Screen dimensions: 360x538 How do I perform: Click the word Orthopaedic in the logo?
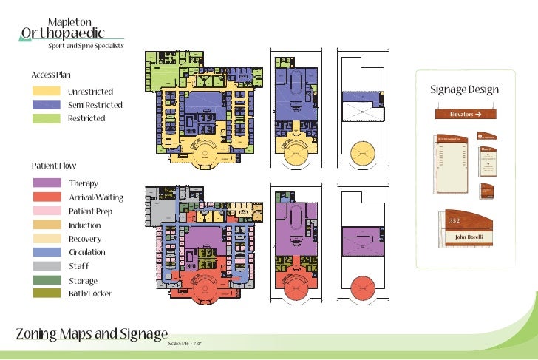point(62,33)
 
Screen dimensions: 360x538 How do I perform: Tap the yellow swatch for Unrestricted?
point(46,91)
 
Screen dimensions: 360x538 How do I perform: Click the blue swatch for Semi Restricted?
point(46,105)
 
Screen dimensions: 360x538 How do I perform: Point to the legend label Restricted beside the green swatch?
point(86,118)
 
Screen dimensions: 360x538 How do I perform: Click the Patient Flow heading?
point(53,166)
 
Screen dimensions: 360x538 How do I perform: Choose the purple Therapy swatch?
point(46,183)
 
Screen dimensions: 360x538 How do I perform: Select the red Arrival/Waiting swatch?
point(46,197)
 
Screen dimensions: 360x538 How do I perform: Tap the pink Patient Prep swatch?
point(46,211)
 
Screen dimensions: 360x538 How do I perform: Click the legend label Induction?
point(85,225)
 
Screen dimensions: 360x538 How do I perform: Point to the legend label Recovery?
point(85,239)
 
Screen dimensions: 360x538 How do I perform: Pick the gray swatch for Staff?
point(46,266)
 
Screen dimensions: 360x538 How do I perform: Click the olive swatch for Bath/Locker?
point(46,293)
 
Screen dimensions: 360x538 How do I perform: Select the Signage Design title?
point(464,90)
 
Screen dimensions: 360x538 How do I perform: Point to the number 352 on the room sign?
point(454,220)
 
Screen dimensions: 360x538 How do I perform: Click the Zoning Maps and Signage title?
point(92,333)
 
